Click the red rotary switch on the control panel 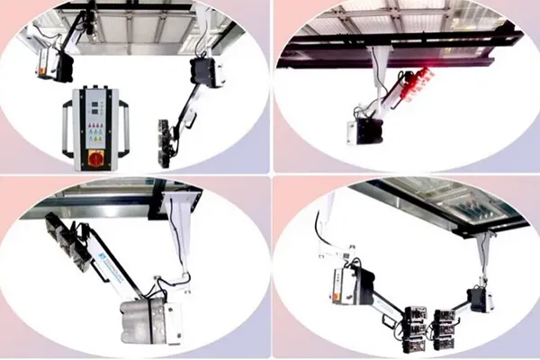click(94, 157)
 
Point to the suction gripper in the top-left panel click(166, 142)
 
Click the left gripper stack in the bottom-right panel click(416, 328)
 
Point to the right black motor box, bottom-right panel click(476, 297)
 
